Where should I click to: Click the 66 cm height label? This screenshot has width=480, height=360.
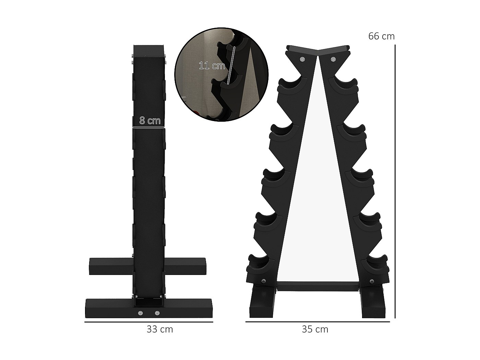point(381,36)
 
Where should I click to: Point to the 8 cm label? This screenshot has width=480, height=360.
point(150,120)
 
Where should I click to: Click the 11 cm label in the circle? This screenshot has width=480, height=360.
point(212,65)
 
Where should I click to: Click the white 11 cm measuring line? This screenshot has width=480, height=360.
point(231,65)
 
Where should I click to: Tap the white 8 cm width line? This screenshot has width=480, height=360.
point(148,127)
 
